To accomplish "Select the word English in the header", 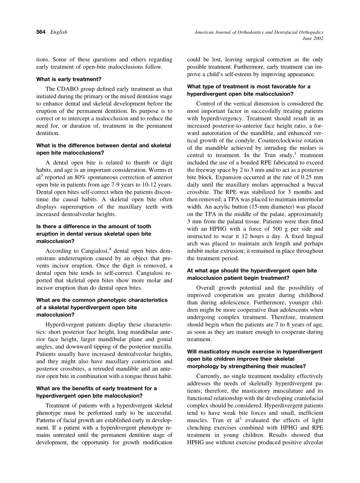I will (59, 32).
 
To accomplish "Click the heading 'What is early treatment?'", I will (69, 79).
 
